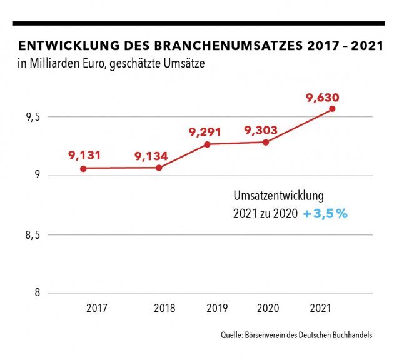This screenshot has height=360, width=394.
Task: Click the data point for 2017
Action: coord(83,168)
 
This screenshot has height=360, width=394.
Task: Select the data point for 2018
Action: coord(159,167)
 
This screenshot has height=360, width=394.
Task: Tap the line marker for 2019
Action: coord(207,144)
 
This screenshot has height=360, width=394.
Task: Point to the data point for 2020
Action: coord(266,142)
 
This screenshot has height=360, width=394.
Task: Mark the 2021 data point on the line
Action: coord(332,108)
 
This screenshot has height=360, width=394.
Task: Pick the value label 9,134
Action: coord(151,155)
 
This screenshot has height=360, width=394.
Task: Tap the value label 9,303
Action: coord(261,130)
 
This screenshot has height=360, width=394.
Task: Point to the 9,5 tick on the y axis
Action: coord(34,116)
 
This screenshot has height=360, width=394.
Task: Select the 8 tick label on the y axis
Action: coord(38,294)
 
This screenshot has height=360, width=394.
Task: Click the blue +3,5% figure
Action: coord(325,214)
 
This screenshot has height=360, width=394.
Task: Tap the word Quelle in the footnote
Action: coord(233,336)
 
